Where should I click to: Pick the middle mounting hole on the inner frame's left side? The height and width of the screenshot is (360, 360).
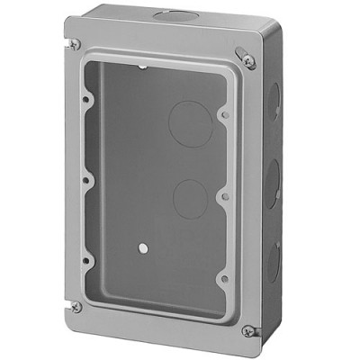pos(86,179)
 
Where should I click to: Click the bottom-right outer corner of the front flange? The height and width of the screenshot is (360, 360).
pos(251,347)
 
